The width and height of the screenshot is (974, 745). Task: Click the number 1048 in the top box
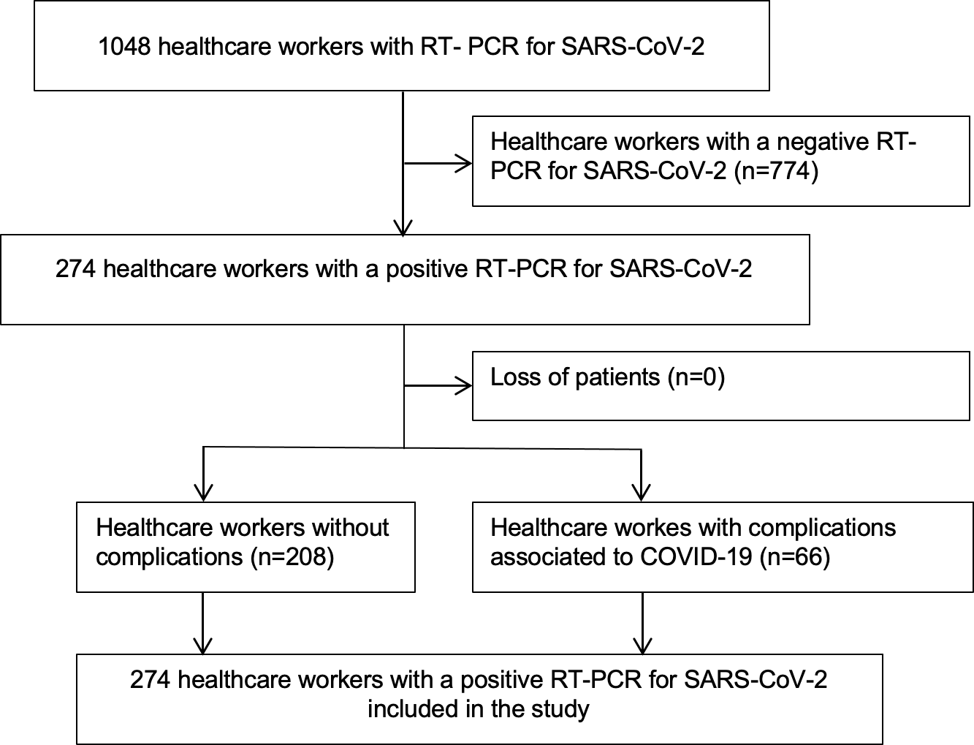124,46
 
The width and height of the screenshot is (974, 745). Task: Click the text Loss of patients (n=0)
607,377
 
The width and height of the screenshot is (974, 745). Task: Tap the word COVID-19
696,556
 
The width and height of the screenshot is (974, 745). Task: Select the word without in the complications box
351,528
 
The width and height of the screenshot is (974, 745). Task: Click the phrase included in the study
479,709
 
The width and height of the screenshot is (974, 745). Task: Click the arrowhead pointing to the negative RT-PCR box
464,163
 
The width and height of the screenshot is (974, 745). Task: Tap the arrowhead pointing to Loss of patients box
464,386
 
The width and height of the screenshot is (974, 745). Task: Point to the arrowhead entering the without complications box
203,493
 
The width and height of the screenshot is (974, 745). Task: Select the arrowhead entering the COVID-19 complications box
642,493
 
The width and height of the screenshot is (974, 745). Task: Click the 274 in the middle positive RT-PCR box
75,269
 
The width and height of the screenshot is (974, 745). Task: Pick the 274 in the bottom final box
150,680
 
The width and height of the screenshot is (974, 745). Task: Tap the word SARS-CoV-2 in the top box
633,46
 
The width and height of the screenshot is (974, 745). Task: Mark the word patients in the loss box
617,378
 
